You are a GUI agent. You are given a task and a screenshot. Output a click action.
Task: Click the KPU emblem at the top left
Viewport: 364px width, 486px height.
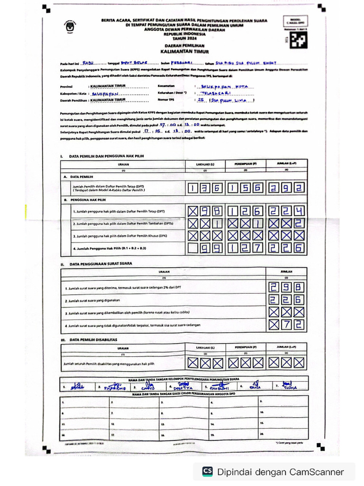pyautogui.click(x=70, y=28)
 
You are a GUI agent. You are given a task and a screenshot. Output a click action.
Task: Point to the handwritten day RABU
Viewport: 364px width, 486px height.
pyautogui.click(x=89, y=62)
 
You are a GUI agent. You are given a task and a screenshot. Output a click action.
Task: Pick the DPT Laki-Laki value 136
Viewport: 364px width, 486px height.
pyautogui.click(x=205, y=188)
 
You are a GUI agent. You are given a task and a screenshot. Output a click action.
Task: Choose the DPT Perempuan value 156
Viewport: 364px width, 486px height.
pyautogui.click(x=245, y=188)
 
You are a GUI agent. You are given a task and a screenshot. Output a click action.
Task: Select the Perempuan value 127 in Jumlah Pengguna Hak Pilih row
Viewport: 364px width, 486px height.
pyautogui.click(x=245, y=248)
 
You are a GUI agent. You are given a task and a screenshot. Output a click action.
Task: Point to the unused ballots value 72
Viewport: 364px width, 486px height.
pyautogui.click(x=286, y=325)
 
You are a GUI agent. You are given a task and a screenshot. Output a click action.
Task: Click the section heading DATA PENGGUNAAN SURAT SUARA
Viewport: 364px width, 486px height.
pyautogui.click(x=100, y=263)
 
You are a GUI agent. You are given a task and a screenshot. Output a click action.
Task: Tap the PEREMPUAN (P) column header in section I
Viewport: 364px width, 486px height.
pyautogui.click(x=245, y=164)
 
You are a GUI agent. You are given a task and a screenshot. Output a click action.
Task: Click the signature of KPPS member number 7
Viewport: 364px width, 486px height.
pyautogui.click(x=287, y=385)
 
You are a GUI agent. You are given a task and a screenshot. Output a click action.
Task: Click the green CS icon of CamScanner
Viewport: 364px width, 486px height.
pyautogui.click(x=207, y=471)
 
